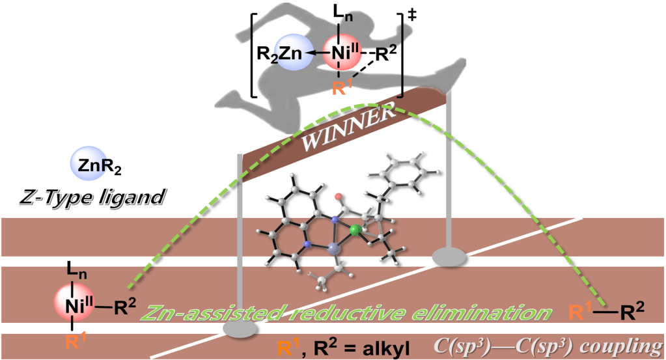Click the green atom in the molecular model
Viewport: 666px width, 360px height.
click(x=354, y=230)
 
